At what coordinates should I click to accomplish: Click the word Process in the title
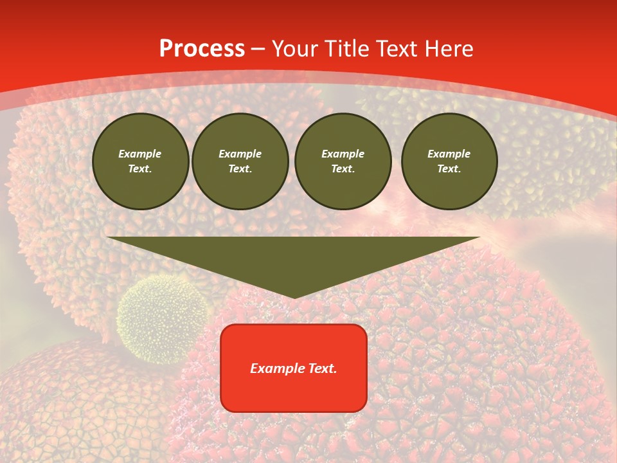pos(202,49)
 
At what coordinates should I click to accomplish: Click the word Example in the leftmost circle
pos(140,154)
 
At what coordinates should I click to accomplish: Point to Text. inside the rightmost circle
pos(449,169)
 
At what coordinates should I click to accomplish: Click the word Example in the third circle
pos(343,154)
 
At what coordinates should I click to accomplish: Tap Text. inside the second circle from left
pos(240,169)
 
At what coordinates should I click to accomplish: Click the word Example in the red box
pos(276,368)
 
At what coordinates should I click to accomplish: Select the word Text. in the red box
pos(321,368)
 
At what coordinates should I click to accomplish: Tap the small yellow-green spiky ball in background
pos(163,318)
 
